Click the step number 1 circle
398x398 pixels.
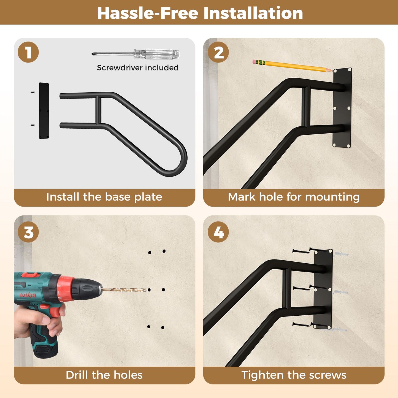pos(28,52)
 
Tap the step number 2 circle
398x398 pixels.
pos(218,52)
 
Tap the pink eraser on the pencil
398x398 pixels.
pos(254,62)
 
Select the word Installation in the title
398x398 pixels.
pos(253,13)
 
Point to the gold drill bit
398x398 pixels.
pos(124,290)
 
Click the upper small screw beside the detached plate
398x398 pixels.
pos(33,93)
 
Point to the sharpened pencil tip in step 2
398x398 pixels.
pos(332,71)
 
